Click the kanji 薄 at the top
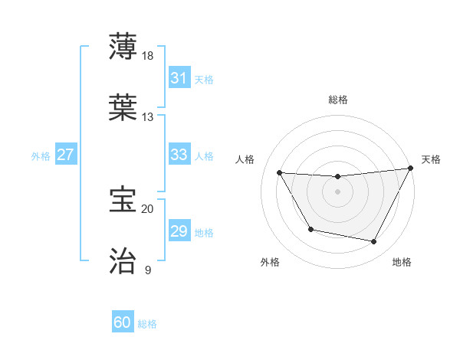[123, 47]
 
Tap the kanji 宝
[123, 199]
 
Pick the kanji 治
[123, 260]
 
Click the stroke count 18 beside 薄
[149, 56]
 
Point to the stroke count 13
[148, 117]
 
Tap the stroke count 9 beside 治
[148, 270]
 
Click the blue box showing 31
[179, 78]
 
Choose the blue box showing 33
[179, 155]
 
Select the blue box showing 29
[179, 231]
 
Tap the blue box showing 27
[65, 155]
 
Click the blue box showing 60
[123, 322]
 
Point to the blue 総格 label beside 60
[147, 324]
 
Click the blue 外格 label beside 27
[41, 156]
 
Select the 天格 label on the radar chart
[431, 159]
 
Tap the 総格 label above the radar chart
[338, 100]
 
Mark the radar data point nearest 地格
[374, 241]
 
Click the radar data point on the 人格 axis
[280, 172]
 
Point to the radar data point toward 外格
[310, 229]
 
